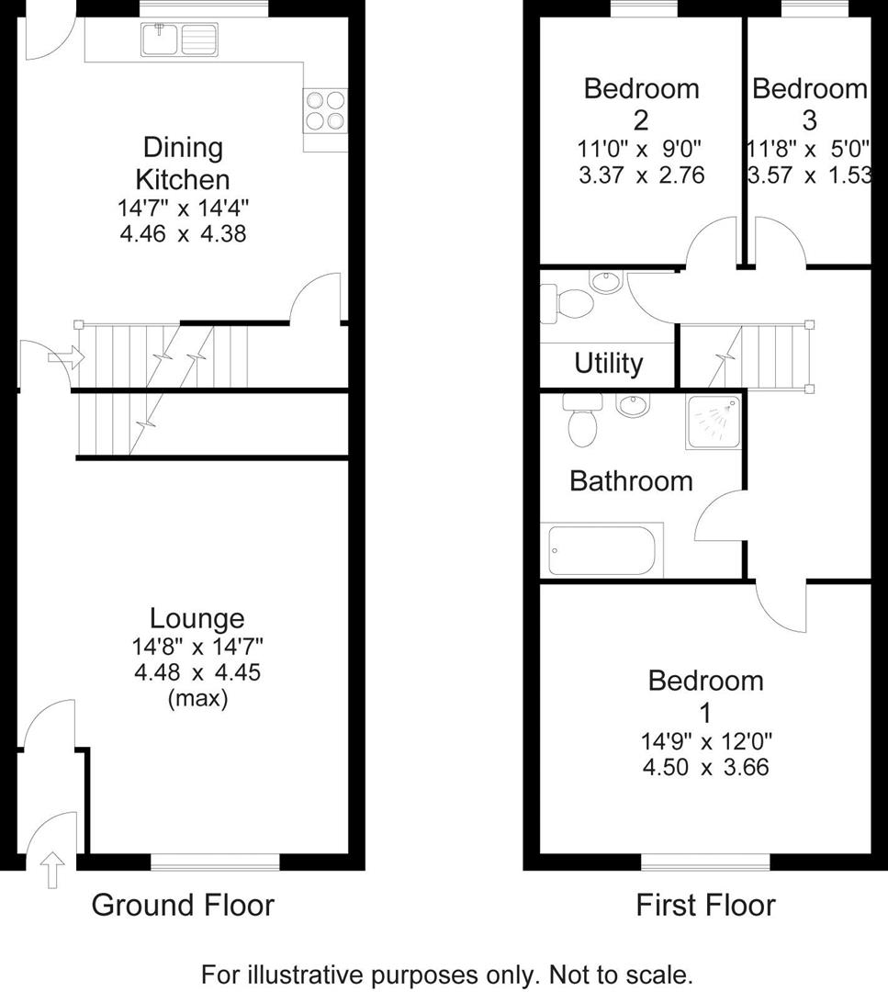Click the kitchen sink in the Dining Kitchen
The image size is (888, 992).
(179, 39)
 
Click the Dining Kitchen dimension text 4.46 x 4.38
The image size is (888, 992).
(183, 234)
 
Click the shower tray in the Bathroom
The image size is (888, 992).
(713, 423)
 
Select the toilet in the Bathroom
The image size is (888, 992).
(582, 421)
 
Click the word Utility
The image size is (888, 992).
(608, 364)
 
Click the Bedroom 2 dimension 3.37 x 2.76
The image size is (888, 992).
(641, 175)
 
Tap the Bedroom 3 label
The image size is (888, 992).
(809, 104)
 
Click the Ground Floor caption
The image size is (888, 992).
(183, 906)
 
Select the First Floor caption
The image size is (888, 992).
(705, 906)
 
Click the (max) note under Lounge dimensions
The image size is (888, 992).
(197, 698)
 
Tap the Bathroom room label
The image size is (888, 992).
(631, 480)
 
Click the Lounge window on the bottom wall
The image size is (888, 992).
(215, 861)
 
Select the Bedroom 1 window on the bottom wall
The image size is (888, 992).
(705, 861)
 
